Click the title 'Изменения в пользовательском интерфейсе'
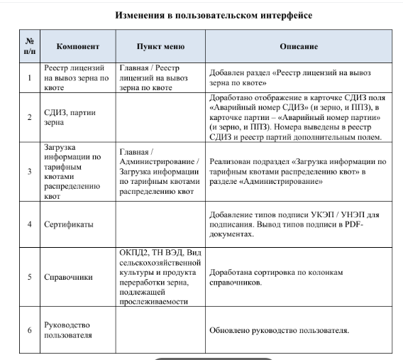pos(203,14)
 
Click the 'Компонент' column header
pos(77,46)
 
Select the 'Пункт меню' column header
pos(161,46)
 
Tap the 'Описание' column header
pos(298,46)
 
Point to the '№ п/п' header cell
pos(29,46)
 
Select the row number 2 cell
pos(29,117)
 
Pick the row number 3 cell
pos(29,172)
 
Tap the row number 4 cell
pos(29,224)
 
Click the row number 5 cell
pos(29,277)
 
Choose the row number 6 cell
pos(29,330)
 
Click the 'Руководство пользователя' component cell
pos(72,330)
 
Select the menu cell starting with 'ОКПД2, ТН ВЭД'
pos(161,277)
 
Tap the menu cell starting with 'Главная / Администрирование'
pos(161,172)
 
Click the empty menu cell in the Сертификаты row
pos(161,224)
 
